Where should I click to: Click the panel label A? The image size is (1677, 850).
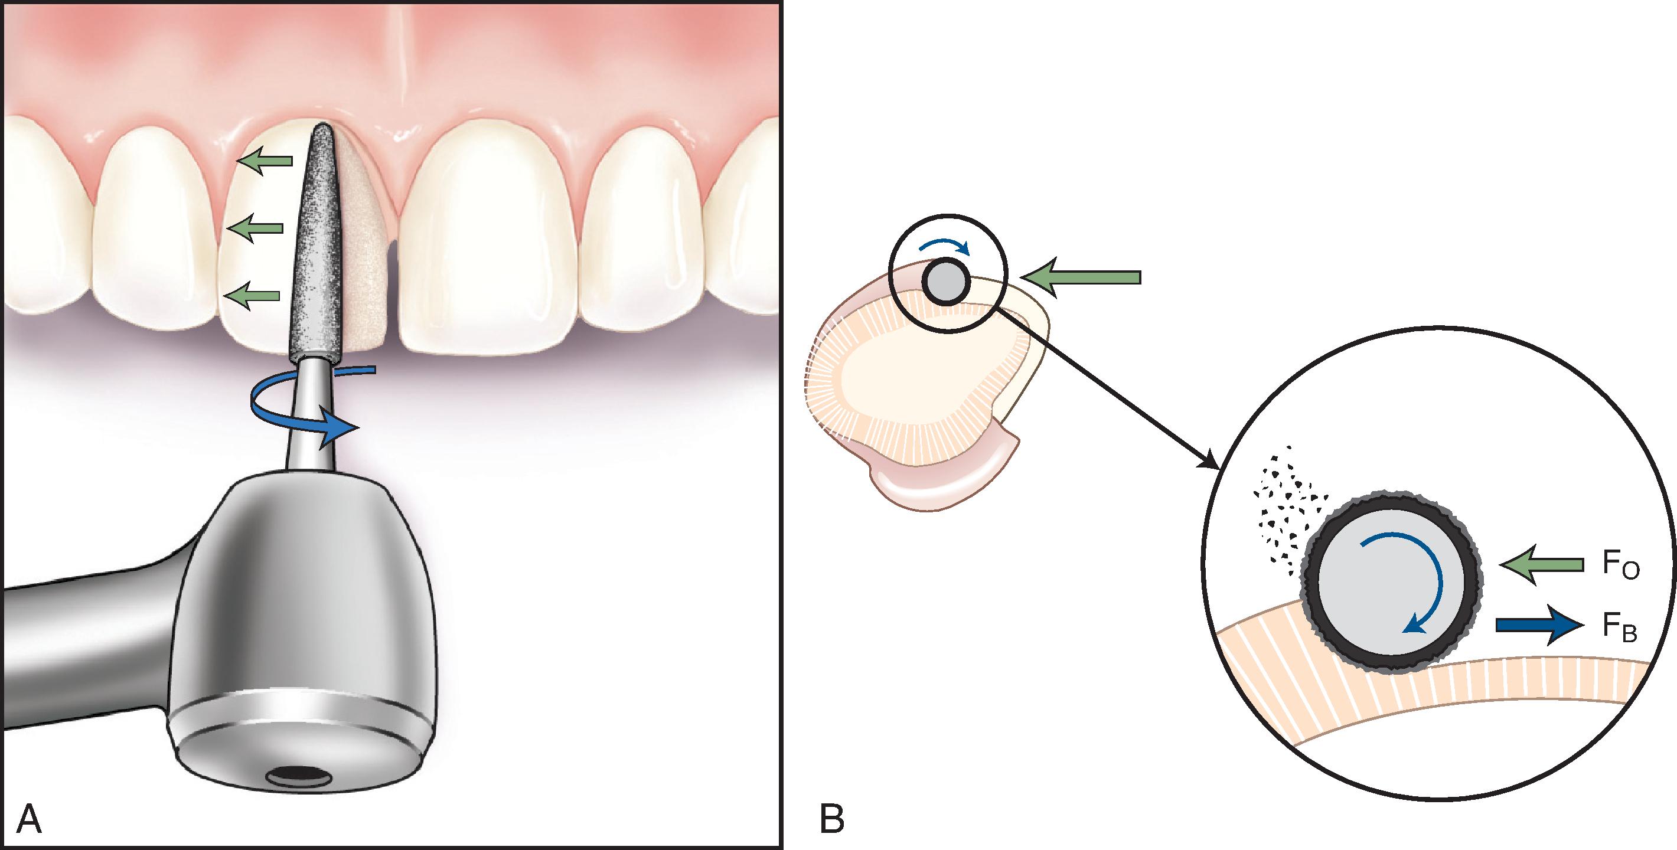(x=29, y=819)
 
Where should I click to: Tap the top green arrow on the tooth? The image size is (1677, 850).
(x=264, y=160)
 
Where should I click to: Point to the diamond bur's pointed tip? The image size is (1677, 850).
(x=321, y=127)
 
